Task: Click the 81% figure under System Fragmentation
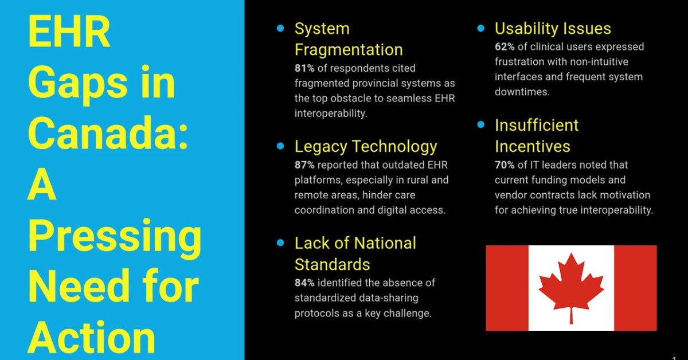click(x=304, y=68)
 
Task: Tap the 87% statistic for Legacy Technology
click(x=304, y=165)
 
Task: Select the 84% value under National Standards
click(x=304, y=283)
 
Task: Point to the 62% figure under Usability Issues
click(x=505, y=46)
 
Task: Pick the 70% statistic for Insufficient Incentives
click(x=505, y=165)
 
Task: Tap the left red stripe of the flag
click(x=507, y=288)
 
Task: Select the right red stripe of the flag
click(x=635, y=288)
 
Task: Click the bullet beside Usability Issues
click(x=481, y=28)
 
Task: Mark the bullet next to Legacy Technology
click(x=280, y=146)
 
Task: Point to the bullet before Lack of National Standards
click(x=280, y=242)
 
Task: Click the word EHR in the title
click(x=69, y=32)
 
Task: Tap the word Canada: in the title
click(x=108, y=134)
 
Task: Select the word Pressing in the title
click(x=115, y=238)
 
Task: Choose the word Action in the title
click(x=91, y=338)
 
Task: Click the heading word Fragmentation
click(x=349, y=50)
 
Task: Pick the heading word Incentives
click(x=533, y=146)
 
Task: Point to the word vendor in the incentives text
click(x=510, y=195)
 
